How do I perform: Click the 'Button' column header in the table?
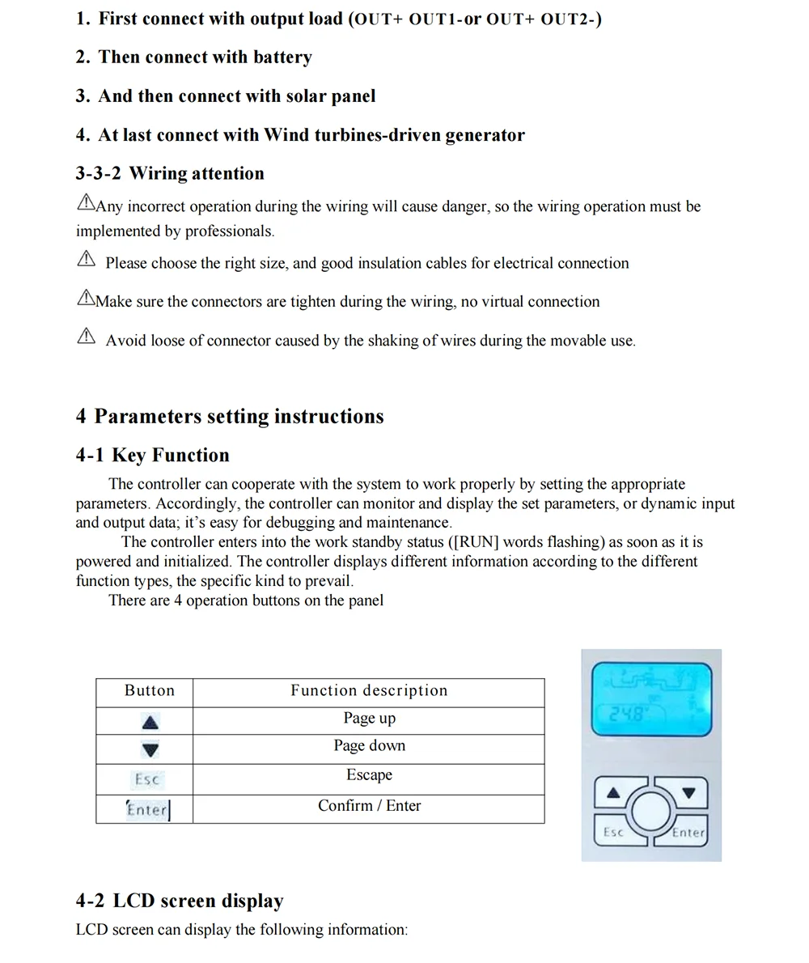150,691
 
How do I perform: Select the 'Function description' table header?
369,691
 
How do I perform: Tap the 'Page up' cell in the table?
369,719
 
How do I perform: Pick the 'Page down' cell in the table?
369,746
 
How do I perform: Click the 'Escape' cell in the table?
369,775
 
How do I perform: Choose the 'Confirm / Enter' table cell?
369,806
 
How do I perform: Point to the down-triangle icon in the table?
150,750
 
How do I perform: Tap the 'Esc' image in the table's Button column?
147,780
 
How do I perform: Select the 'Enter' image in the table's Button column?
148,809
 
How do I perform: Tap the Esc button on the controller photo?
614,832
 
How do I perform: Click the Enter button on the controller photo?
688,832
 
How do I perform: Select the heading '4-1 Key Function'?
153,456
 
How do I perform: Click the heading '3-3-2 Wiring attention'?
170,174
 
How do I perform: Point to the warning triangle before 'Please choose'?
86,259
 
